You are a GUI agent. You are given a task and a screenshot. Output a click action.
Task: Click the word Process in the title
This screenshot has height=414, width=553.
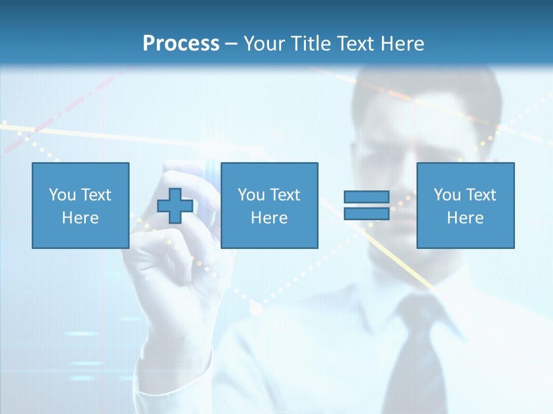[181, 43]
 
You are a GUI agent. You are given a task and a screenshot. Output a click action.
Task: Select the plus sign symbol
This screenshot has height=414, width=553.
[175, 205]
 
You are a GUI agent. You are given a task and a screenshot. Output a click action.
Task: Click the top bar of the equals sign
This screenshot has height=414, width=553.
[366, 197]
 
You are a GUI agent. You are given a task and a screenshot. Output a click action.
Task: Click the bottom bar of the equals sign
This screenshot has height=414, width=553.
[366, 213]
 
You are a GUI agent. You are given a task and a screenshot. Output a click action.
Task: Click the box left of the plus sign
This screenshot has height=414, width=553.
[80, 205]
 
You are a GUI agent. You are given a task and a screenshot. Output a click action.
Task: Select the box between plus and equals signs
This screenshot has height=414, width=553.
[269, 205]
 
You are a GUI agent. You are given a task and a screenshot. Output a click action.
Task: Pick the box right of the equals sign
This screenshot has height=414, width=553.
[465, 205]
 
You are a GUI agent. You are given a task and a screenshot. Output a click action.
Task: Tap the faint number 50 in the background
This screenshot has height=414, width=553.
[277, 136]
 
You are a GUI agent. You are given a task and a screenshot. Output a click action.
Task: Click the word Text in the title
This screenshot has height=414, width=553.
[352, 43]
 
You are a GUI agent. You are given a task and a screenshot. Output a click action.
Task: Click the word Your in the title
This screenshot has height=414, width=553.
[263, 43]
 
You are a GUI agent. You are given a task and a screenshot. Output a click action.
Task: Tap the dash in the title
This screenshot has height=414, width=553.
[232, 44]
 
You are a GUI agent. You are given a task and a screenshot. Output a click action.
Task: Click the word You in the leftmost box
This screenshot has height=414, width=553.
[61, 195]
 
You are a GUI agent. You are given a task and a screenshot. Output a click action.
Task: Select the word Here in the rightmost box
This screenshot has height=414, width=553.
[465, 218]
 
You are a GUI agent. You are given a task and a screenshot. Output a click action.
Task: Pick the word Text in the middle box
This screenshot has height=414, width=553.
[285, 195]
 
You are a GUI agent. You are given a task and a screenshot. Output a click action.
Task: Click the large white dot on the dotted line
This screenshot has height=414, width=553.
[256, 309]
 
